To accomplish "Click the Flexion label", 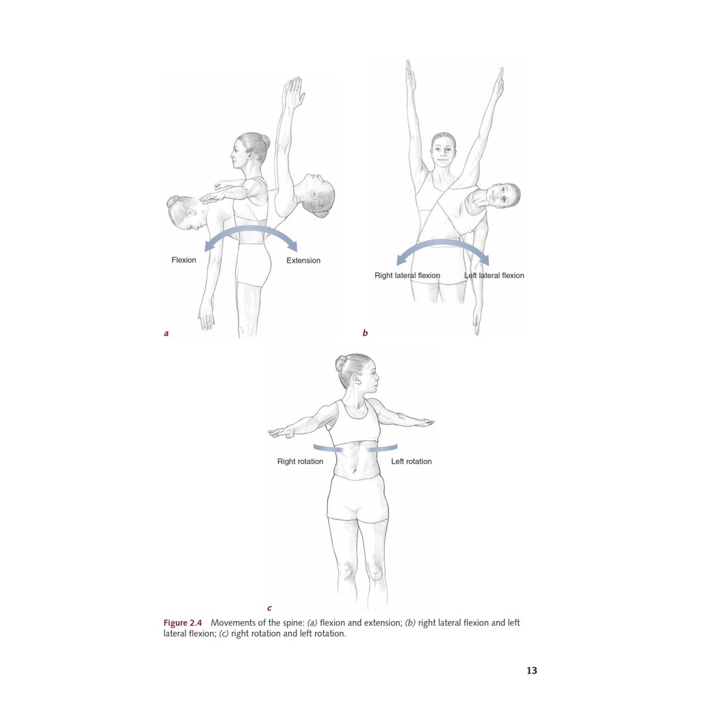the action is coord(183,260).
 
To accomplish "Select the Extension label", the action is coord(303,261).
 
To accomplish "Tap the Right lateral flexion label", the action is coord(407,275).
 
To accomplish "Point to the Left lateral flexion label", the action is coord(494,275).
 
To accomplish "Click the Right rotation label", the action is coord(300,461).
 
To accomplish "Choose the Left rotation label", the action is coord(411,461).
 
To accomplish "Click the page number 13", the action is coord(531,670).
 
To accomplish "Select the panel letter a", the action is coord(166,333).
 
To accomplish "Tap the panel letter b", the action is coord(366,333).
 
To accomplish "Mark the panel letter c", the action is coord(269,608).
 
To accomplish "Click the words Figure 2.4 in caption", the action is coord(182,623).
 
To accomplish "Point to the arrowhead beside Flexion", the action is coord(209,246).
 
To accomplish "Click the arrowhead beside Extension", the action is coord(292,246).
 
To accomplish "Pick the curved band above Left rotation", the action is coord(383,448).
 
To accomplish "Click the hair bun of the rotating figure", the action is coord(341,363).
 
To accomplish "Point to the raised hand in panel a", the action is coord(293,92).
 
